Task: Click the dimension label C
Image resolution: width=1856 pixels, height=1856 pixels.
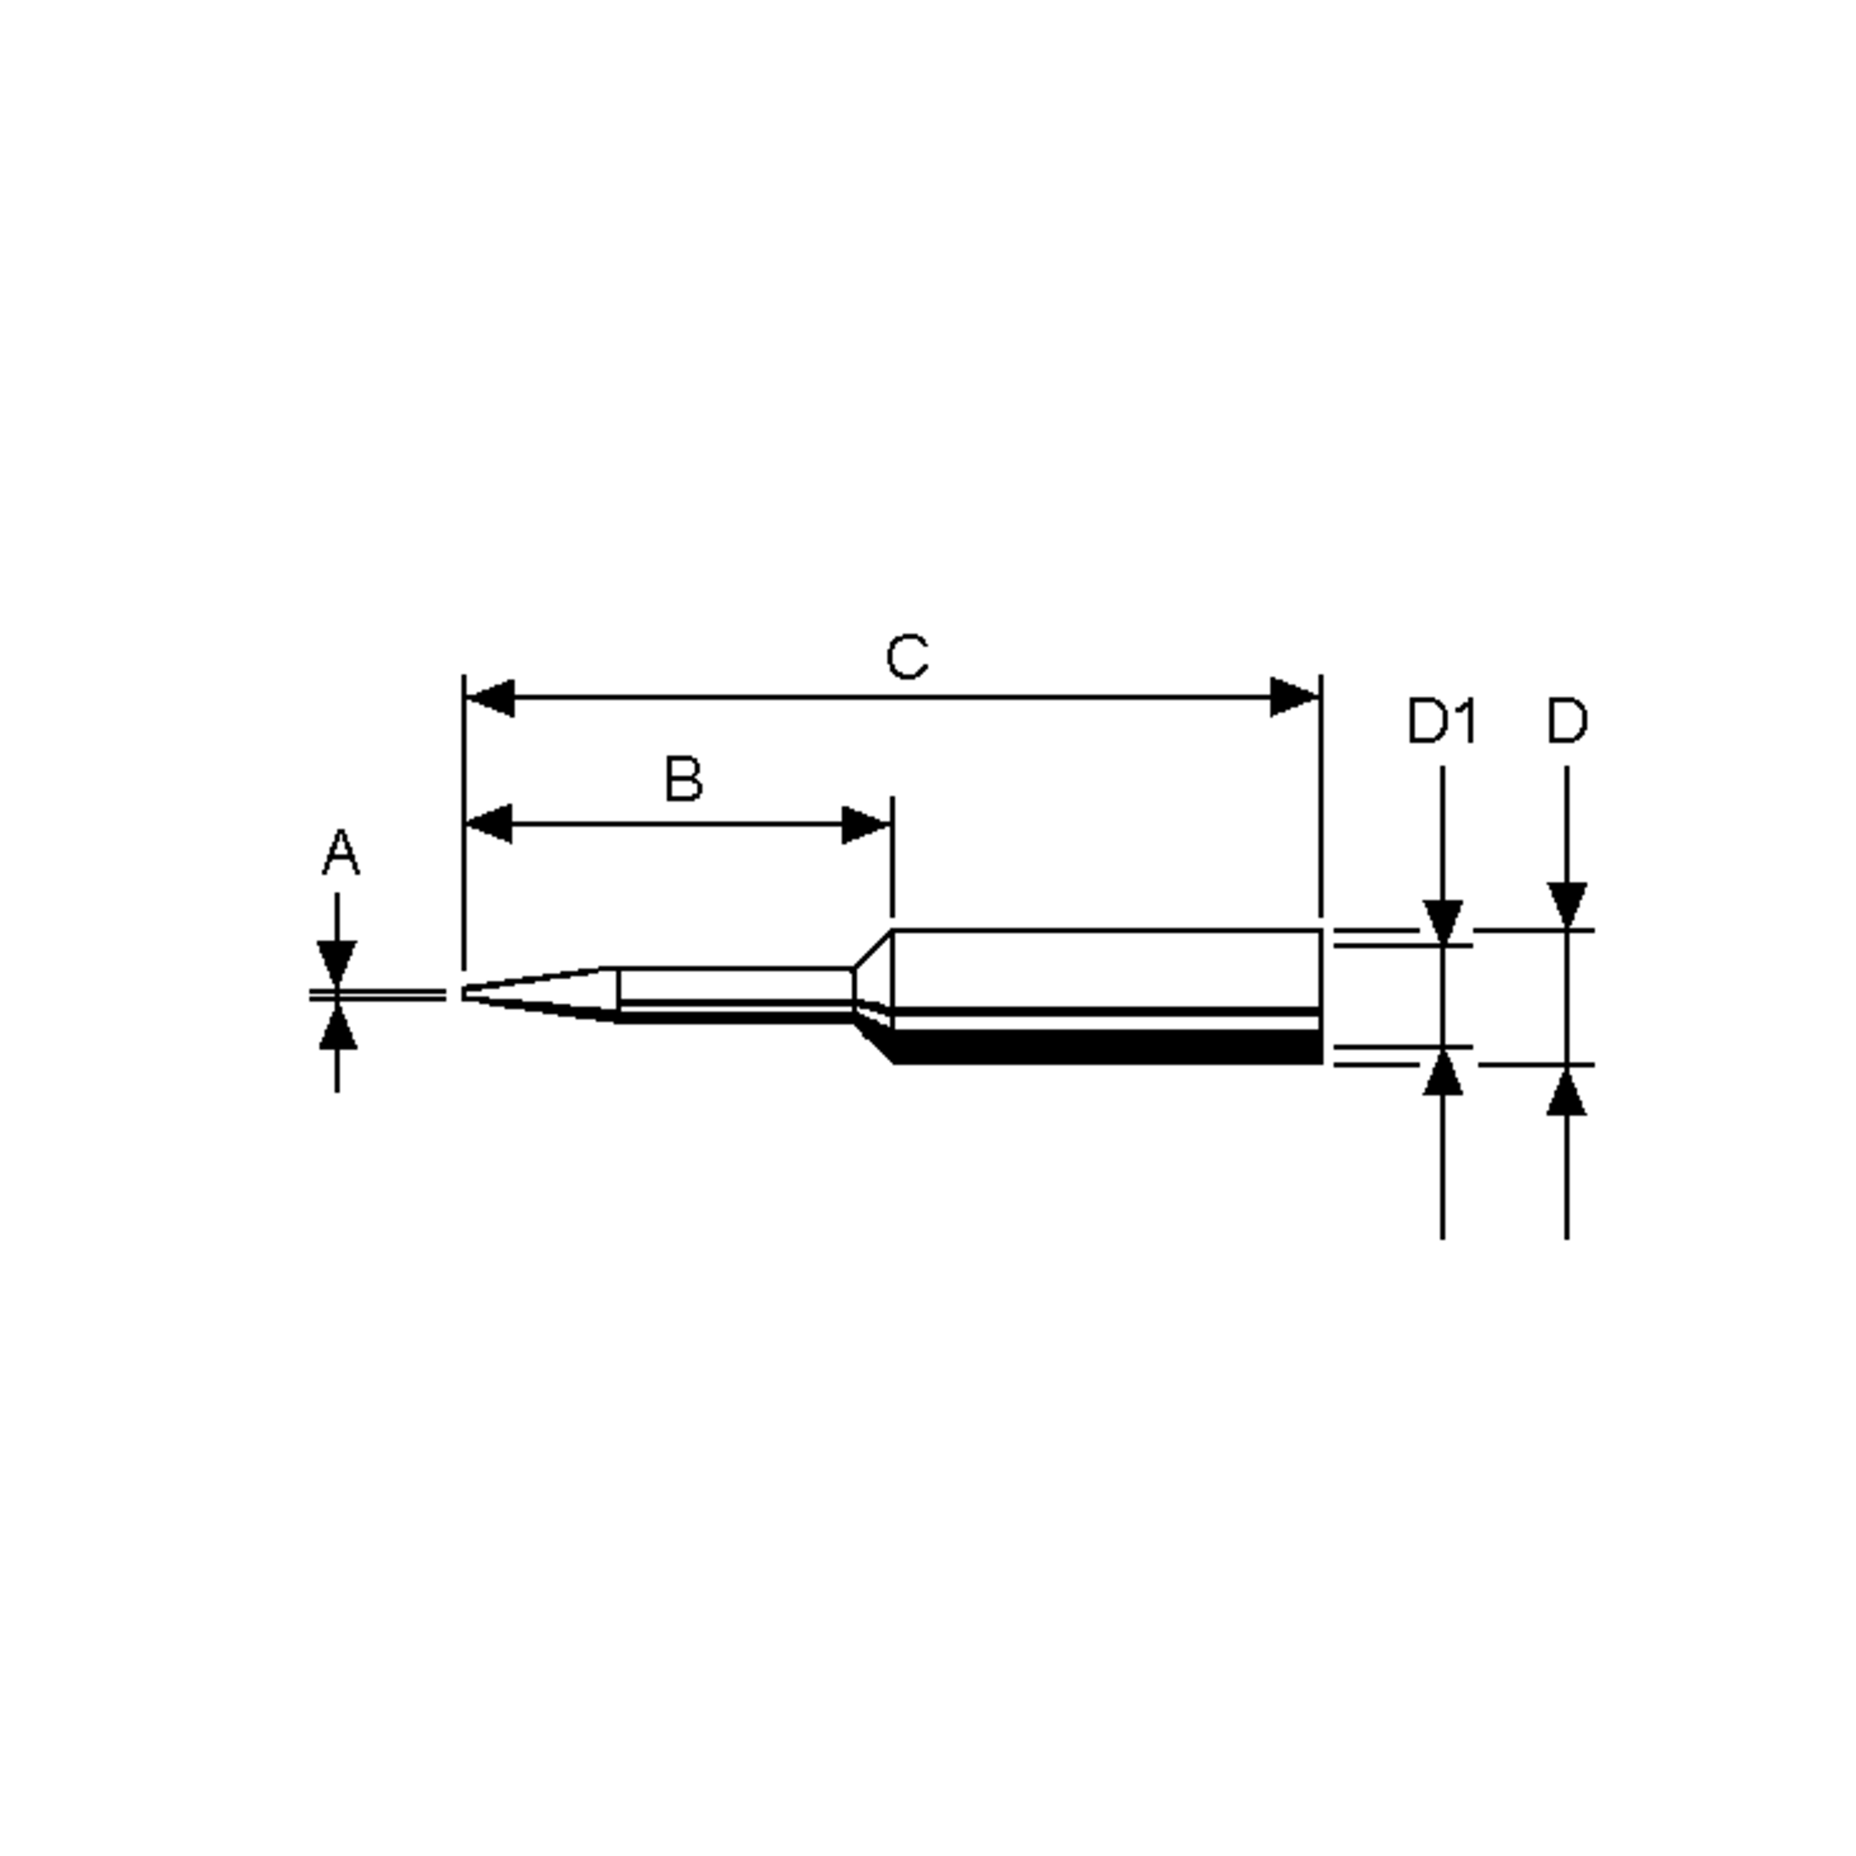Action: click(x=907, y=657)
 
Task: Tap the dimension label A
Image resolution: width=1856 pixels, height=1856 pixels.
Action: click(x=340, y=852)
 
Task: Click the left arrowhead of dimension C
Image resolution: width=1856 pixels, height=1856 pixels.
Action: click(x=490, y=697)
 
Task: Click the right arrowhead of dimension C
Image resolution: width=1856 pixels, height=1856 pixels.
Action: click(x=1293, y=697)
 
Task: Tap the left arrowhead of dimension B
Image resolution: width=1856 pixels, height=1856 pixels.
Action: click(x=488, y=824)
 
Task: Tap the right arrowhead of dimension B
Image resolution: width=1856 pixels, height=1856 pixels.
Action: click(x=865, y=824)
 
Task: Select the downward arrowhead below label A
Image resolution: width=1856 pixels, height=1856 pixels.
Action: click(x=336, y=964)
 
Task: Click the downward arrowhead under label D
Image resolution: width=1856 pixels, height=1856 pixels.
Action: click(x=1567, y=904)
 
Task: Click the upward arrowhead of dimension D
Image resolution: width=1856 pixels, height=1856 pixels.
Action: click(x=1567, y=1092)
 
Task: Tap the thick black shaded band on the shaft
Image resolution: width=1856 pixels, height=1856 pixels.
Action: click(x=1105, y=1046)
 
